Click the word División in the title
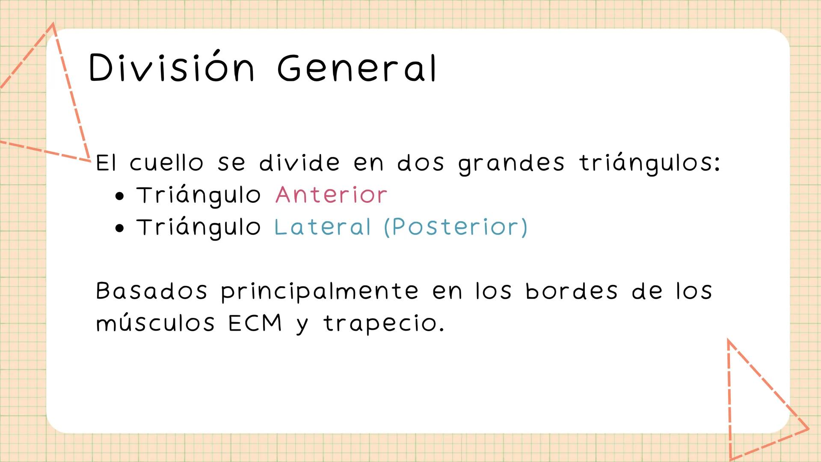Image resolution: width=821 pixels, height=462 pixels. tap(172, 67)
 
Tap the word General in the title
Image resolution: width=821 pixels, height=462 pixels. tap(357, 68)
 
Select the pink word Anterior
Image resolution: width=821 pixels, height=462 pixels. tap(331, 195)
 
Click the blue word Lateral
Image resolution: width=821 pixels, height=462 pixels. tap(322, 227)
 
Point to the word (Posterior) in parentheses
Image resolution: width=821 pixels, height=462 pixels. tap(456, 227)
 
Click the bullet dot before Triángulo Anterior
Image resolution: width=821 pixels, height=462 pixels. tap(120, 196)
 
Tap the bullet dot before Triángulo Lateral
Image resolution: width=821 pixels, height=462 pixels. tap(120, 228)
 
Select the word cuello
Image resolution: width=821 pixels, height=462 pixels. tap(166, 163)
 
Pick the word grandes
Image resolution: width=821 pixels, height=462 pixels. tap(511, 164)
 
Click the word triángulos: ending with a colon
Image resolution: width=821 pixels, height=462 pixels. tap(649, 164)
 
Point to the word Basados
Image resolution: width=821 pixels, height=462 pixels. tap(151, 291)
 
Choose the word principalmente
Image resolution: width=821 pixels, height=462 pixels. tap(320, 292)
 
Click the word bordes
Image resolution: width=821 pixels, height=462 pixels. tap(572, 291)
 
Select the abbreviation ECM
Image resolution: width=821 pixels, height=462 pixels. tap(255, 323)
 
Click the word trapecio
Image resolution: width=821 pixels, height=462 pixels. tap(384, 324)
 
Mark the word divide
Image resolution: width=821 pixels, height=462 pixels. tap(299, 163)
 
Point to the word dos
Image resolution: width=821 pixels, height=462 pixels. tap(421, 163)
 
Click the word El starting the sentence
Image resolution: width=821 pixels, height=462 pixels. tap(106, 163)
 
